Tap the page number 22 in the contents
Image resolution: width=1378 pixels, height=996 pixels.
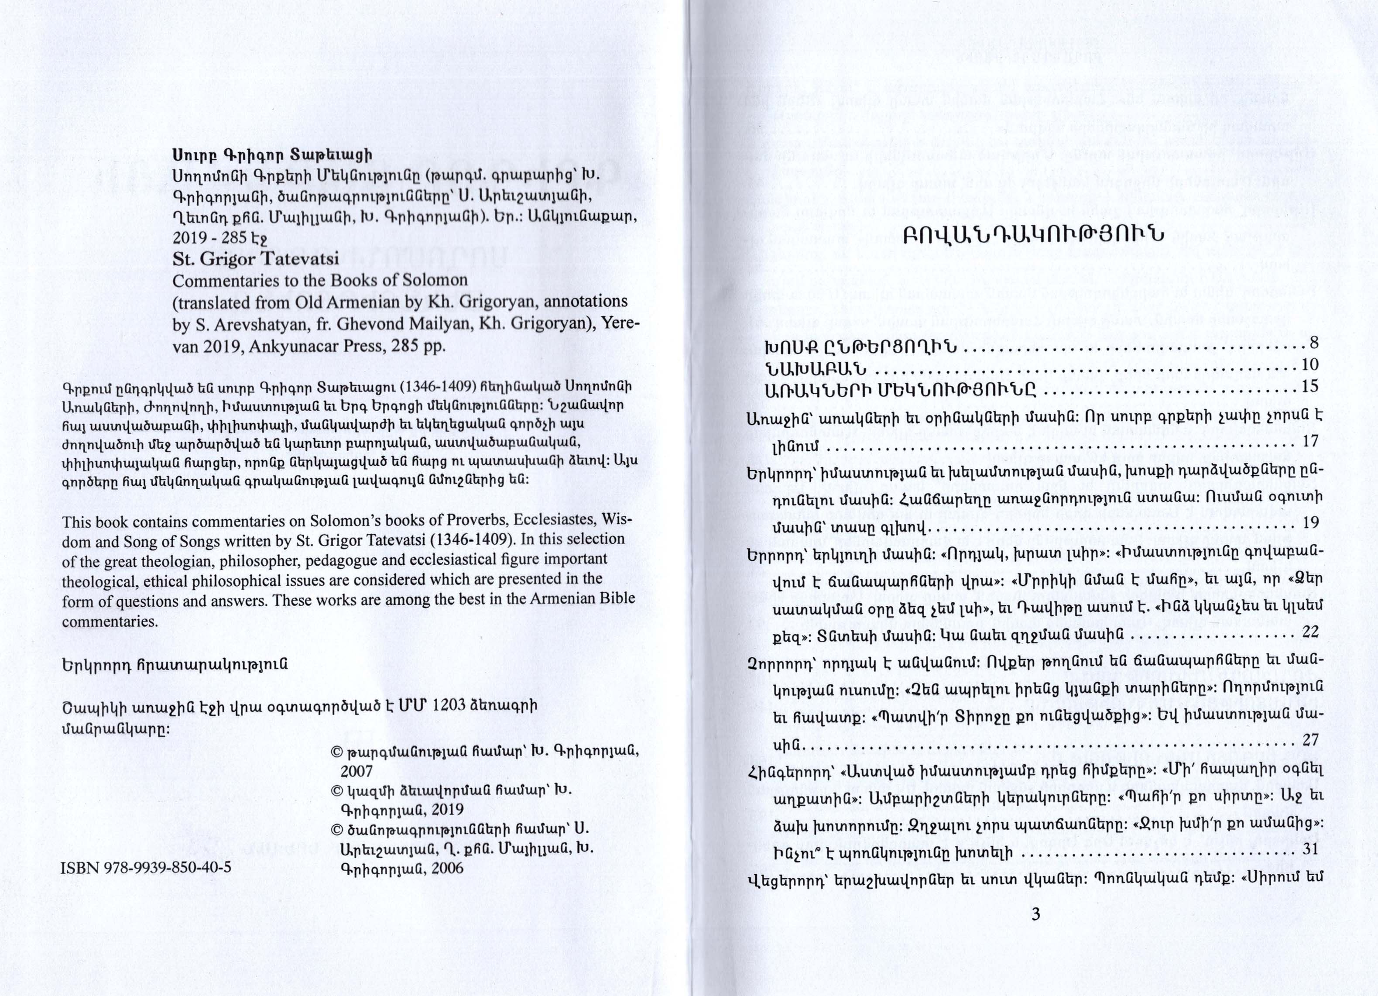(x=1310, y=632)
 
